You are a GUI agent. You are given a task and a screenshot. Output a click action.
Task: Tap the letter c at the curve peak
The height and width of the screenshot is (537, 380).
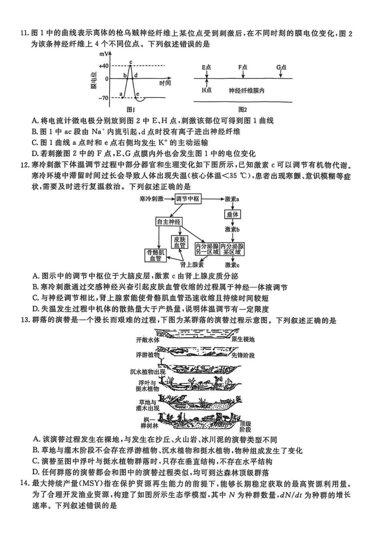click(130, 62)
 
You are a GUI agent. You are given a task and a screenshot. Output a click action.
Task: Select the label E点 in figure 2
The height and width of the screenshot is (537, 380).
click(206, 67)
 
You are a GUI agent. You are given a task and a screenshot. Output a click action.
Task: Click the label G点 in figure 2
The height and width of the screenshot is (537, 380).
click(281, 67)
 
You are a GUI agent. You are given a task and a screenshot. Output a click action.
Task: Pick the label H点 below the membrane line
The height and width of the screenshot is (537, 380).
click(206, 90)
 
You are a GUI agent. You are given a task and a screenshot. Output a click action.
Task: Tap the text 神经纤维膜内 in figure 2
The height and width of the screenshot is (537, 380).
click(246, 91)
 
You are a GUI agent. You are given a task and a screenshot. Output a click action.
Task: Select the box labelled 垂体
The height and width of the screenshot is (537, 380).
click(232, 215)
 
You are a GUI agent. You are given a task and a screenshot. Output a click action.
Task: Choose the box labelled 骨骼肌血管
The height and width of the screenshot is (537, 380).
click(156, 255)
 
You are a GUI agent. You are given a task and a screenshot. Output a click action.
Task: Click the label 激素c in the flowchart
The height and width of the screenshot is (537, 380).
click(232, 265)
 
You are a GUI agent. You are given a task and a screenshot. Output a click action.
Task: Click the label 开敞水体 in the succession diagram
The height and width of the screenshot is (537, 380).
click(148, 340)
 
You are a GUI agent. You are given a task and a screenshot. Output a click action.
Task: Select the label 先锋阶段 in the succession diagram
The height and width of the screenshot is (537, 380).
click(243, 355)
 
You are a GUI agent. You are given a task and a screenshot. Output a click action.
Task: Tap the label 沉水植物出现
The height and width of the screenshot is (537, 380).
click(148, 372)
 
